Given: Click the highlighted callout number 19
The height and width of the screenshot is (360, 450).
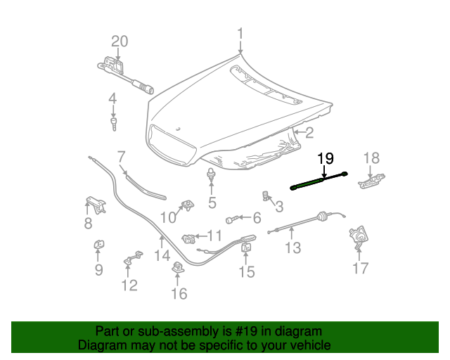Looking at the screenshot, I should point(325,158).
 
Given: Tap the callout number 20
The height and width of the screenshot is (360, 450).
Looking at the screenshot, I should point(120,42).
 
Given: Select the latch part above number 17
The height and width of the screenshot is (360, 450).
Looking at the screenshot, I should point(359,238).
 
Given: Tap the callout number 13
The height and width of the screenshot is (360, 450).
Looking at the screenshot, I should point(293,247).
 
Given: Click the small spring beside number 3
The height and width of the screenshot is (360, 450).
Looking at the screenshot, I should point(266,194).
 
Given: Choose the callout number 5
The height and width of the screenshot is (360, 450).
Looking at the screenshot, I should point(211,204).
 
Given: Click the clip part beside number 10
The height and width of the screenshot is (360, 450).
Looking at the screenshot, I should point(188,205).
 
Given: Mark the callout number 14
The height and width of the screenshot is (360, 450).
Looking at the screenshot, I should point(162,257).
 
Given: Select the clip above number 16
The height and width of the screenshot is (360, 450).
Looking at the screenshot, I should point(179,266).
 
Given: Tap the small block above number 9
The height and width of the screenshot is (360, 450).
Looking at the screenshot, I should point(98,244).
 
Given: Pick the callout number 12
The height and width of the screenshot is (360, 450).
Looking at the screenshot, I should point(129,285).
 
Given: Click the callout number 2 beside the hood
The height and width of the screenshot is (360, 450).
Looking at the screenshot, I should point(309,132).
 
